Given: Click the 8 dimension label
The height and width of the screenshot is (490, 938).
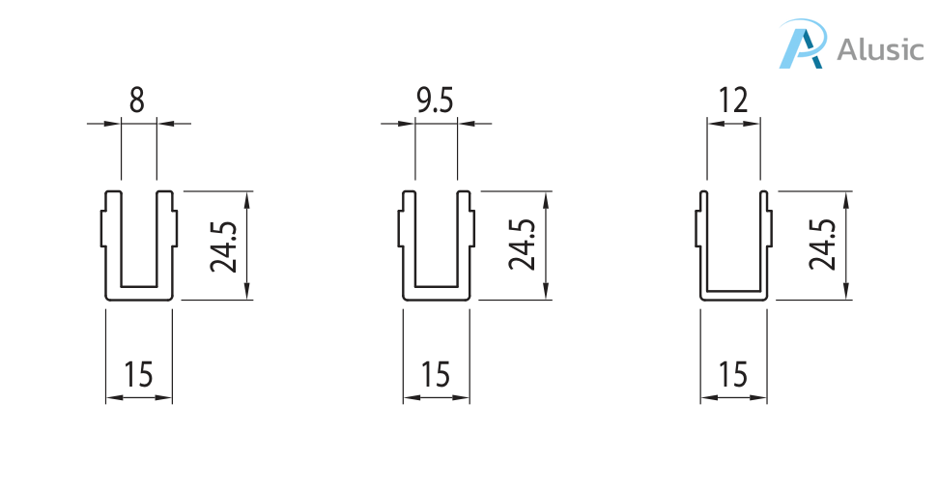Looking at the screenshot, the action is coord(137,100).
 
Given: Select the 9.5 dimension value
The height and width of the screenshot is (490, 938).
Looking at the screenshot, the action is coord(435,100).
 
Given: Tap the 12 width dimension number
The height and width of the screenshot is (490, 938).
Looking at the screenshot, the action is coord(733,100).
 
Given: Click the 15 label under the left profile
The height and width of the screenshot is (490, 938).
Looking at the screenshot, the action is coord(138,375).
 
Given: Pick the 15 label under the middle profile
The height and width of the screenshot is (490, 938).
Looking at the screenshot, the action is coord(436,375).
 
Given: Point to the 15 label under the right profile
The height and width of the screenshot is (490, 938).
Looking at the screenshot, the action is coord(733,375).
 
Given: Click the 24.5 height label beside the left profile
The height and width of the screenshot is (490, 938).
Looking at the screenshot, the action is coord(224,245).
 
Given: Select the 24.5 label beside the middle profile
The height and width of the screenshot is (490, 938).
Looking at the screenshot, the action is coord(522,245).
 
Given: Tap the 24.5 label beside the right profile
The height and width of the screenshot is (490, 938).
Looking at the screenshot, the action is coord(822,245).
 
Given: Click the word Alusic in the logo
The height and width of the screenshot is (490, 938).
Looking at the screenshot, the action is coord(880,49).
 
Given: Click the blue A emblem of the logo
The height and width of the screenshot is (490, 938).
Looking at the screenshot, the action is coord(804,43).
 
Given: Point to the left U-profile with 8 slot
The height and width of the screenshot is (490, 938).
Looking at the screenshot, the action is coord(139,245).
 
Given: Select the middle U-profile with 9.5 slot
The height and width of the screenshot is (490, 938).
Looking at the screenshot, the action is coord(436,245).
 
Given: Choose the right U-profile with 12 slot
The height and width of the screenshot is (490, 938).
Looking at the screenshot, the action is coord(733,245).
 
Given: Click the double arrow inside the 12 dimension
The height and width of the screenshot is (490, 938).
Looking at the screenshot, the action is coord(733,124).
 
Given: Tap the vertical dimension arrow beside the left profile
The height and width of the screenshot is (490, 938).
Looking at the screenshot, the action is coord(247,245).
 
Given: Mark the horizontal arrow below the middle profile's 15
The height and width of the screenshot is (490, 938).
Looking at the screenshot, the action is coord(436,397).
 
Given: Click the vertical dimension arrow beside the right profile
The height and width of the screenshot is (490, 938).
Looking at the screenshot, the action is coord(846,245).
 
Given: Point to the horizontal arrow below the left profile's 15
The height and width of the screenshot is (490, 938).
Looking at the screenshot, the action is coord(139,397).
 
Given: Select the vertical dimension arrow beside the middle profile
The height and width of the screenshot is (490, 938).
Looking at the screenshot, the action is coord(546,245).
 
